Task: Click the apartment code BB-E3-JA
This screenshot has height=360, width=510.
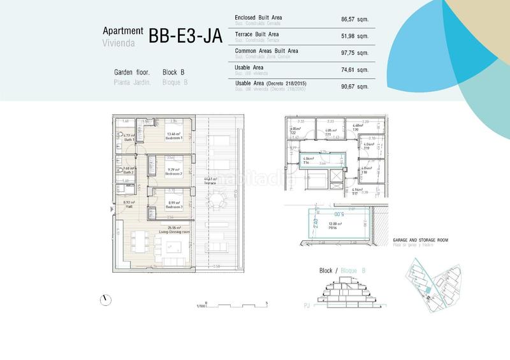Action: [185, 36]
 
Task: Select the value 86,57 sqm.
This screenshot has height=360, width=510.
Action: [354, 19]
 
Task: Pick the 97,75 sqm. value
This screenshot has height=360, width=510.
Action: [354, 52]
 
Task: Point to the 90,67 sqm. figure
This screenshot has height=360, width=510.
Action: [354, 85]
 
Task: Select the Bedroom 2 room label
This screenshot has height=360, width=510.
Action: [173, 173]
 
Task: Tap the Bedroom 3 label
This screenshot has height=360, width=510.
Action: [173, 207]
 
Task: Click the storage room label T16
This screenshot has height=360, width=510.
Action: [307, 162]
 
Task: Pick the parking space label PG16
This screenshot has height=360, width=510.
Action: [333, 227]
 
